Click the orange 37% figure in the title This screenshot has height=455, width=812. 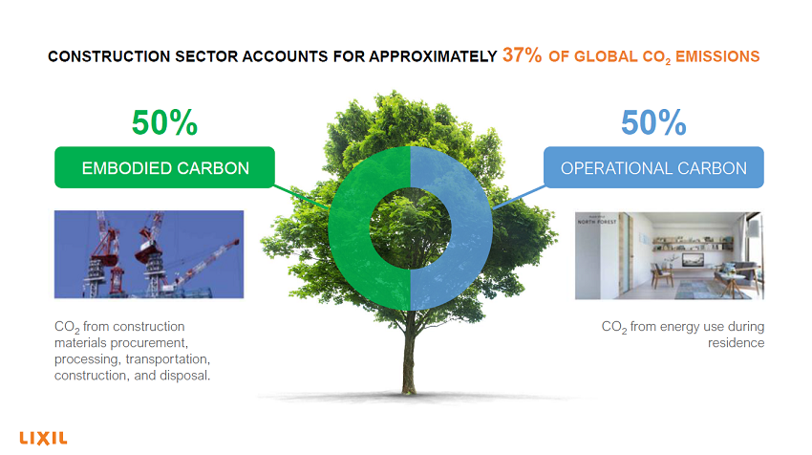(x=522, y=54)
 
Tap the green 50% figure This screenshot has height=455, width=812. (x=164, y=122)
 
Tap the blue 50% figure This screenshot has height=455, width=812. (x=653, y=122)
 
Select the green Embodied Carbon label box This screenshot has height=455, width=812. (x=164, y=167)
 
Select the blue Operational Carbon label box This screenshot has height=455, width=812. (x=653, y=167)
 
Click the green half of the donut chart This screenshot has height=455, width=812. (x=349, y=228)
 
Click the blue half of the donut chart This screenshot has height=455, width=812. (x=472, y=228)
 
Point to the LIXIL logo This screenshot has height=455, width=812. (x=44, y=439)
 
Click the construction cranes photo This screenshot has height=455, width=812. (x=149, y=254)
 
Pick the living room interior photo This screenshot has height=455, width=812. (x=670, y=255)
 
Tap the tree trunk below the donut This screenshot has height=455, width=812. (x=409, y=353)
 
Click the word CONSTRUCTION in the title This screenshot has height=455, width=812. (x=109, y=56)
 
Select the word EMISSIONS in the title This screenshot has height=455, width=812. (x=717, y=56)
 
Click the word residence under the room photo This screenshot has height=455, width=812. (x=736, y=342)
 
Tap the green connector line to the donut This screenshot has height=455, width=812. (x=301, y=196)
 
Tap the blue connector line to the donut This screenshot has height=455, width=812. (x=519, y=197)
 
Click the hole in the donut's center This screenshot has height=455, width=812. (x=411, y=228)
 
